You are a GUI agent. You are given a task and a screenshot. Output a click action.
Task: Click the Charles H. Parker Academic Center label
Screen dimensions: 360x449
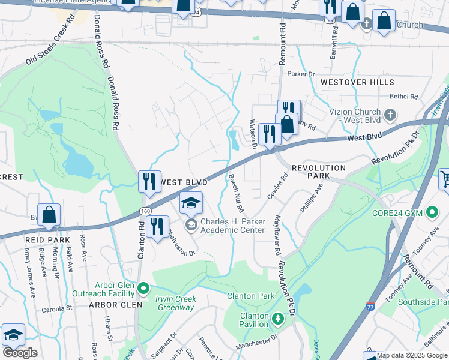tap(232, 226)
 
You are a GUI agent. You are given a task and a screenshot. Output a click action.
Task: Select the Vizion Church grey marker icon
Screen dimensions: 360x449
tap(390, 114)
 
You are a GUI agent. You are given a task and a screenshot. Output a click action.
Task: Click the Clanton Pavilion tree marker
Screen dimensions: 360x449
tap(277, 317)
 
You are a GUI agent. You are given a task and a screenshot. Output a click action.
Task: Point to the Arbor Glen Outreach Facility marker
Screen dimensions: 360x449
tap(143, 289)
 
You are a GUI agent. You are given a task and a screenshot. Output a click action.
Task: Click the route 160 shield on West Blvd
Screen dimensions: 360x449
tap(146, 211)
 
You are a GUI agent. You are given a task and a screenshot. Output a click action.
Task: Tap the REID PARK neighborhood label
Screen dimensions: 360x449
tap(43, 240)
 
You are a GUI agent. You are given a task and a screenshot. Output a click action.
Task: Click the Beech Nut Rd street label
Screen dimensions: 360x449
tap(235, 193)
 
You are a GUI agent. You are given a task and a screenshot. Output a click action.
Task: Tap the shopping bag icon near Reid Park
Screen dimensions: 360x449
tap(49, 215)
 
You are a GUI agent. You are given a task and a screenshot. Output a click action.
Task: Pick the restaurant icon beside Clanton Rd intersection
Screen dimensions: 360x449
tap(157, 227)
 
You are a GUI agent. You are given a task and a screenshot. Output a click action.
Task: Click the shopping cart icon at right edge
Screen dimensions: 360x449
tap(444, 178)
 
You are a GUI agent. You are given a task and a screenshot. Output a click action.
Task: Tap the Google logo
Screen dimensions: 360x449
tap(20, 353)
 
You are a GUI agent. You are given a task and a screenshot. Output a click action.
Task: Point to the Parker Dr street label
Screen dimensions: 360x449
tap(301, 74)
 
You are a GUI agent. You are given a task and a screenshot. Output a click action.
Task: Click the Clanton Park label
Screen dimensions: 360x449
tap(250, 296)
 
